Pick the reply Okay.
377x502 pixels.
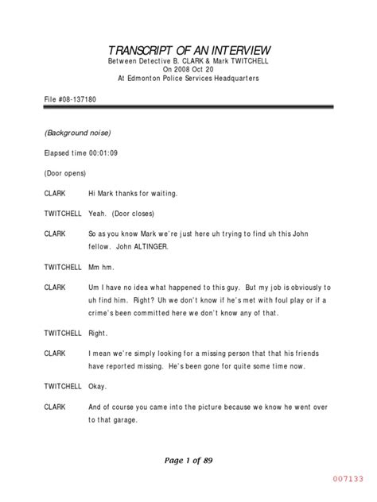pyautogui.click(x=99, y=385)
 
